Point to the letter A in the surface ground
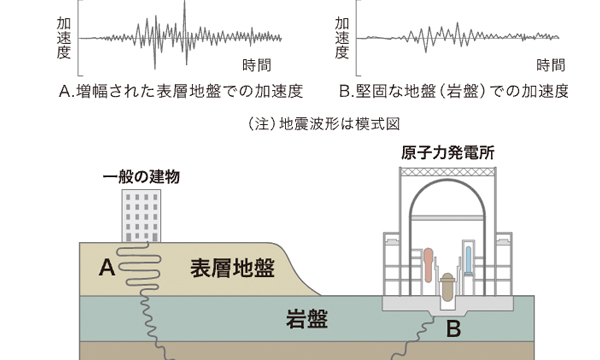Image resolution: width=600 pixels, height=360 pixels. pos(107,267)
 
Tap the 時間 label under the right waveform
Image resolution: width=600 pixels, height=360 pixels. pos(550,64)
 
